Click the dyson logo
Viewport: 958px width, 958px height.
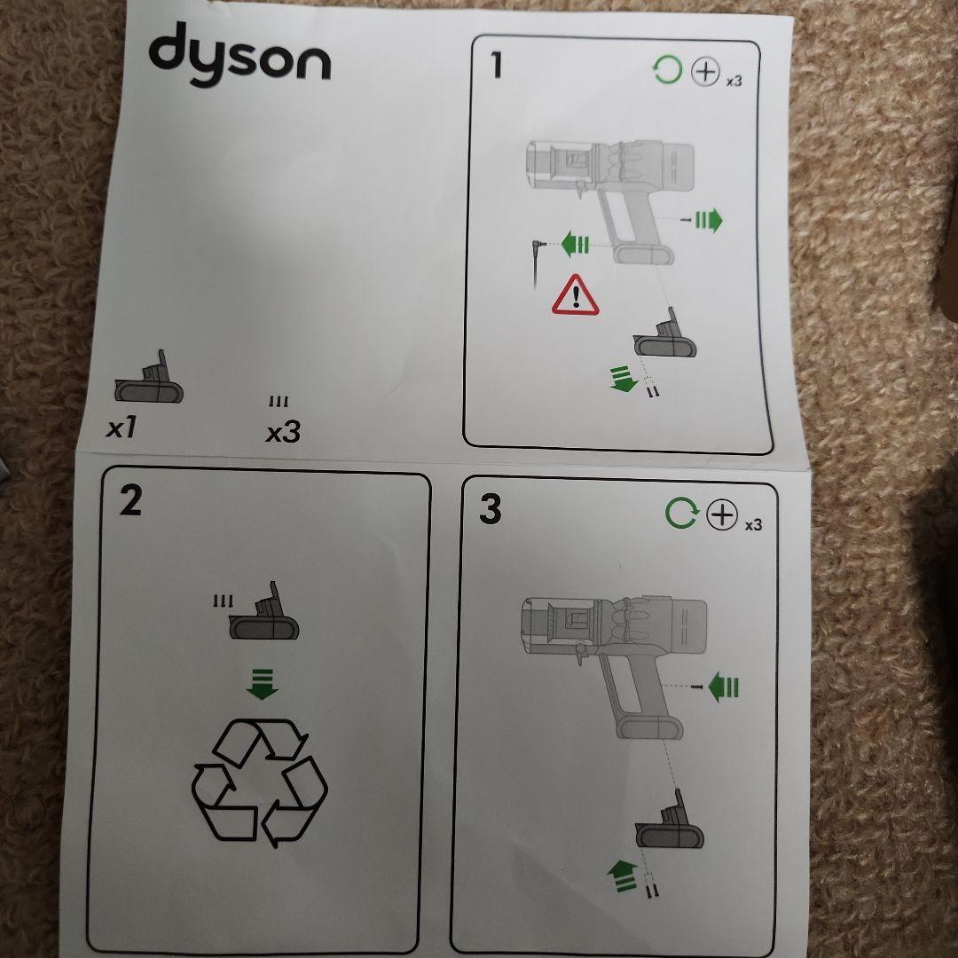(239, 55)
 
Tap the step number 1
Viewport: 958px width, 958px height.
(497, 66)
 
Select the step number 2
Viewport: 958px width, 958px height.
(130, 501)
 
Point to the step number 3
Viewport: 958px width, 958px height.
(490, 509)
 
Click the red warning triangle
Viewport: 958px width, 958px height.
(575, 295)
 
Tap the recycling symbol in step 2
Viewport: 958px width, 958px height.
(260, 782)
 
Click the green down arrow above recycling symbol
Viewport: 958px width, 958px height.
(262, 684)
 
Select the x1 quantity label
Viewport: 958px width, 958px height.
(121, 428)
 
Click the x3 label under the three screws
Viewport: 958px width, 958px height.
(284, 433)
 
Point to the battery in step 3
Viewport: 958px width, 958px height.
(670, 820)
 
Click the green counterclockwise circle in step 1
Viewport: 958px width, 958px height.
(667, 70)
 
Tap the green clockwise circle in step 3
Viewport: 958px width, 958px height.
(681, 514)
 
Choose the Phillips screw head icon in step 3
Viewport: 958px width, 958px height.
(722, 514)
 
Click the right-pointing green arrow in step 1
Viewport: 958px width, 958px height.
(709, 220)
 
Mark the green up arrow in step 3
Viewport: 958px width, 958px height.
(623, 875)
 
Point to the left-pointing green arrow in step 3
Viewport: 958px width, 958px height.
(724, 687)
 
